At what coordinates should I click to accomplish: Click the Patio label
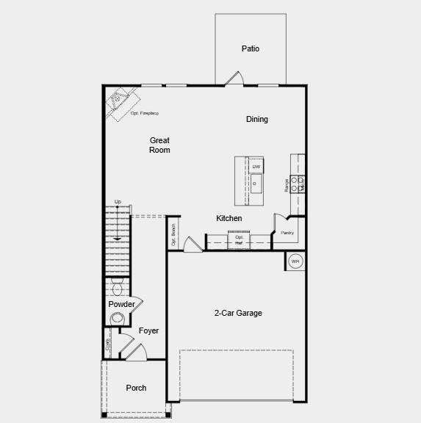[x=251, y=49]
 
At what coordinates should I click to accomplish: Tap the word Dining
[x=257, y=119]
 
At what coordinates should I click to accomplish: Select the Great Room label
[x=159, y=145]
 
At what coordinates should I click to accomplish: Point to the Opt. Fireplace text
[x=145, y=113]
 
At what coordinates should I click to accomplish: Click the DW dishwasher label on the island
[x=256, y=167]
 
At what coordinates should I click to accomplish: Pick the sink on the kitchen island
[x=256, y=184]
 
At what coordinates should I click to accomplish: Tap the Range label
[x=287, y=185]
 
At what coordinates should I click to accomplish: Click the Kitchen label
[x=229, y=218]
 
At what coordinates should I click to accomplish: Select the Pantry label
[x=287, y=233]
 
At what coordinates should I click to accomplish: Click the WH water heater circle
[x=295, y=261]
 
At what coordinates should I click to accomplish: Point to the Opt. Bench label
[x=173, y=234]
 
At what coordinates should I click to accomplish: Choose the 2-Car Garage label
[x=238, y=313]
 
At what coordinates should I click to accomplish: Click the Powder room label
[x=121, y=304]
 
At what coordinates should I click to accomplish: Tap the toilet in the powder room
[x=118, y=318]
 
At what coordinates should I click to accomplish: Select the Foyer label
[x=148, y=331]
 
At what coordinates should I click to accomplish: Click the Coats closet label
[x=107, y=344]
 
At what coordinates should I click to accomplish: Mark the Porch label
[x=136, y=388]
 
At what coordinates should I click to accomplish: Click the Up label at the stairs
[x=118, y=202]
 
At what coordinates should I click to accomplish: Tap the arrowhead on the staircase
[x=117, y=239]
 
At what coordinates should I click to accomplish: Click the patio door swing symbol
[x=234, y=79]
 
